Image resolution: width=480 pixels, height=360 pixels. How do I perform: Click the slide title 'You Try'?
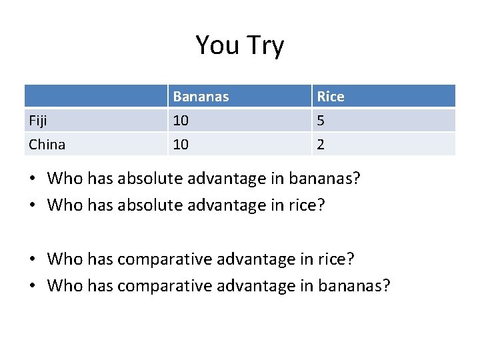tap(239, 45)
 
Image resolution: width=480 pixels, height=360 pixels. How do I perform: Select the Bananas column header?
tap(201, 97)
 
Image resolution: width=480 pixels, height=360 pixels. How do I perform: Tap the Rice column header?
tap(331, 97)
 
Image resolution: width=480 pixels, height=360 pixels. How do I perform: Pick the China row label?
tap(47, 144)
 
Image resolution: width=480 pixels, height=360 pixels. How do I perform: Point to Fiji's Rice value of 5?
tap(321, 121)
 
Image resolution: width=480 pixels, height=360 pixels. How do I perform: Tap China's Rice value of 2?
tap(321, 144)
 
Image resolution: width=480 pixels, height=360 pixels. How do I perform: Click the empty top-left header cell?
tap(95, 97)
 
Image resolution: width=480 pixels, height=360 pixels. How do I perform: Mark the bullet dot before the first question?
tap(33, 179)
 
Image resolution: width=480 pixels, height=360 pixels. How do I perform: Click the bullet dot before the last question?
tap(33, 286)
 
